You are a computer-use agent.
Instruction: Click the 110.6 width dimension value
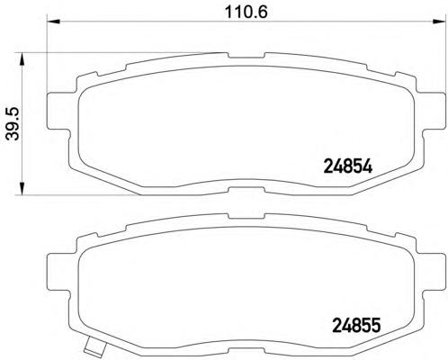click(x=246, y=12)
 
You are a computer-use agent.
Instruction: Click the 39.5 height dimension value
click(x=13, y=123)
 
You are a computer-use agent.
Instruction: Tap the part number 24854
click(x=348, y=166)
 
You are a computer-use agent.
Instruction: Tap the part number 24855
click(x=356, y=325)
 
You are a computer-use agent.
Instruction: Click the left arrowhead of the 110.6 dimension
click(x=54, y=21)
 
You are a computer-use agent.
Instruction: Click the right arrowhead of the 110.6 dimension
click(x=439, y=21)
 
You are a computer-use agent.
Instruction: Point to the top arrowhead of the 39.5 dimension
click(x=22, y=59)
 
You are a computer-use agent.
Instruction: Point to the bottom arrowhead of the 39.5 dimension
click(x=22, y=188)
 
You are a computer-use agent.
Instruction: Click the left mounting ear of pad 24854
click(x=58, y=111)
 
